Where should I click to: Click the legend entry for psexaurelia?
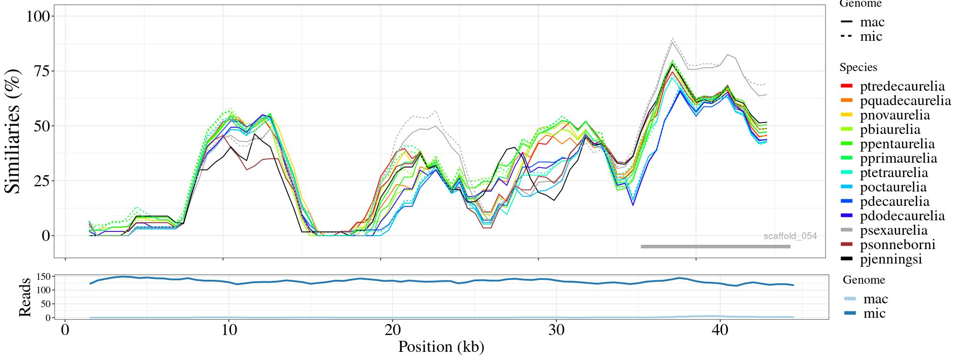coord(893,230)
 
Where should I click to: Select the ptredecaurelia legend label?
coord(902,86)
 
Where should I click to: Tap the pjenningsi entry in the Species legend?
coord(891,259)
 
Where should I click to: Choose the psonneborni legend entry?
coord(897,245)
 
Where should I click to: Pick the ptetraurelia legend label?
coord(894,173)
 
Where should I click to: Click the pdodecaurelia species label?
coord(902,216)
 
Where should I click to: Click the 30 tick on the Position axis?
coord(556,331)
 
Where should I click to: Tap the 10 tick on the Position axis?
coord(229,331)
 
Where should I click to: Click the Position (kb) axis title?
coord(441,347)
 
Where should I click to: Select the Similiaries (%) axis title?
coord(13,131)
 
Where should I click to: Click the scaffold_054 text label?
coord(790,236)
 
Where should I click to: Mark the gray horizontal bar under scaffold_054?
coord(715,247)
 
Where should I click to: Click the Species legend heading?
coord(858,67)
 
